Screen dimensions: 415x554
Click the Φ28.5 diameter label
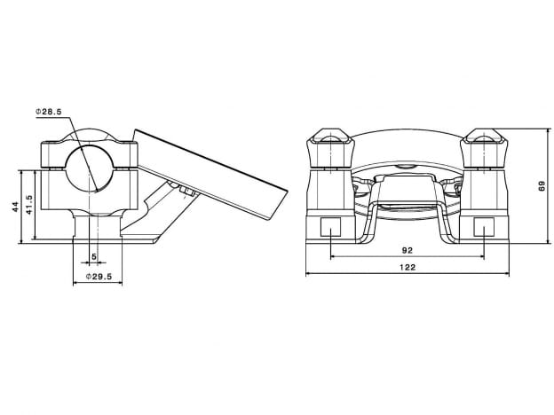pos(48,112)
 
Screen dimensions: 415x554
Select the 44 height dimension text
pos(15,207)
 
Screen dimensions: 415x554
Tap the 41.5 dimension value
pos(28,207)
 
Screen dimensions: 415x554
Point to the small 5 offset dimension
pos(94,257)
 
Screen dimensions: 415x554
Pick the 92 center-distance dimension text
pos(407,251)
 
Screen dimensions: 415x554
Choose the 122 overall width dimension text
pos(407,266)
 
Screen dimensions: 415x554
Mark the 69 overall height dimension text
pos(541,185)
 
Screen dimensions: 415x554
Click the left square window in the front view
pos(330,226)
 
